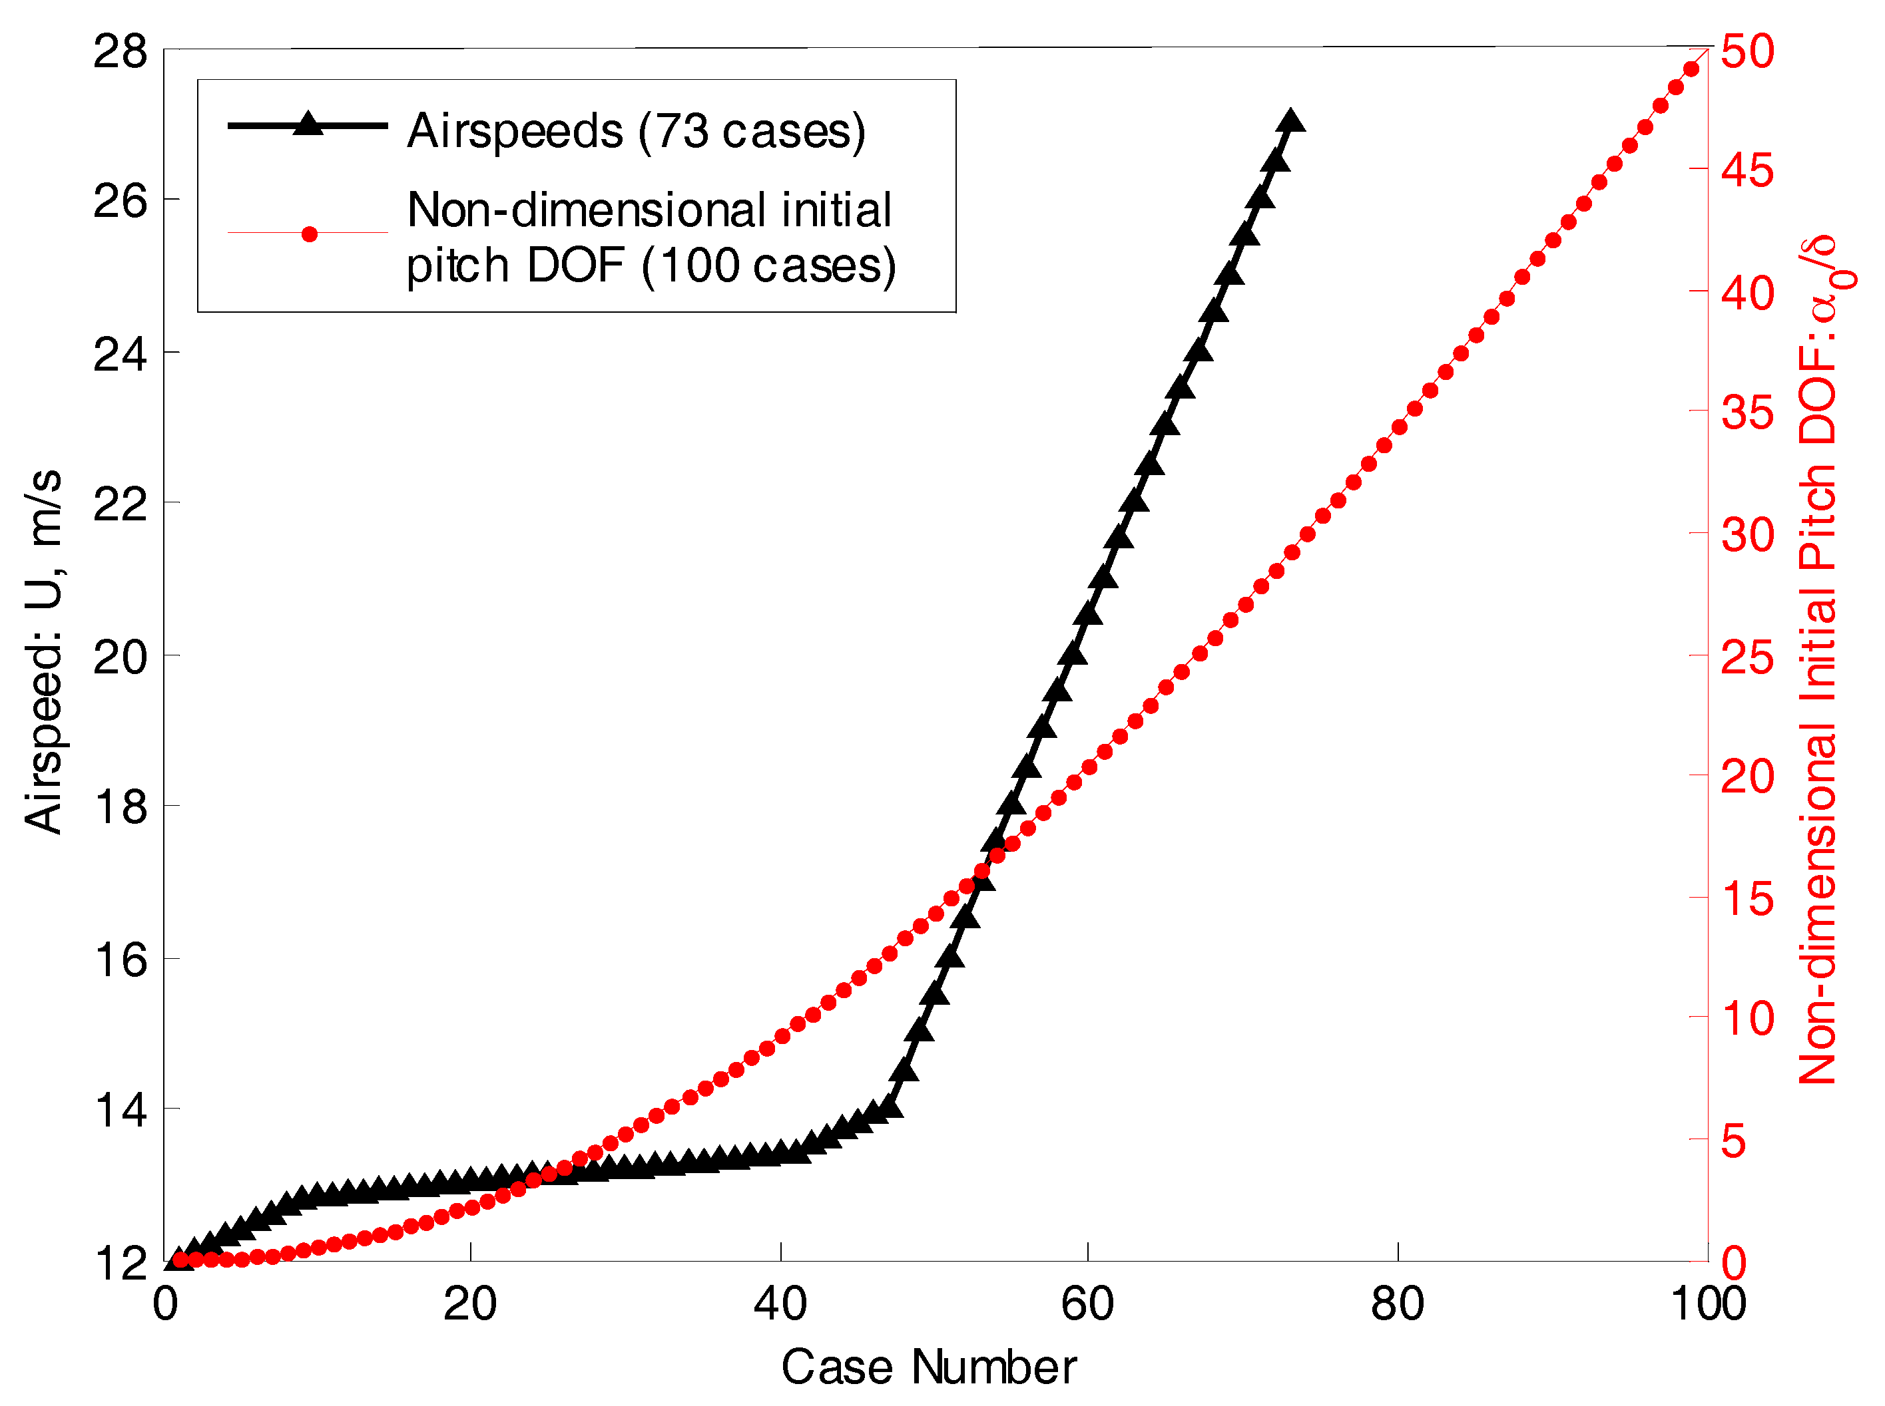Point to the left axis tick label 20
click(119, 657)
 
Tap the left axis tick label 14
click(119, 1111)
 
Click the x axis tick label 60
click(1087, 1305)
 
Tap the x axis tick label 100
click(1708, 1305)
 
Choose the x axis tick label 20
click(470, 1305)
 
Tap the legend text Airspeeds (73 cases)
click(636, 130)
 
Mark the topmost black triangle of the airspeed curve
click(1290, 122)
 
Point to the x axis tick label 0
click(165, 1305)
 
